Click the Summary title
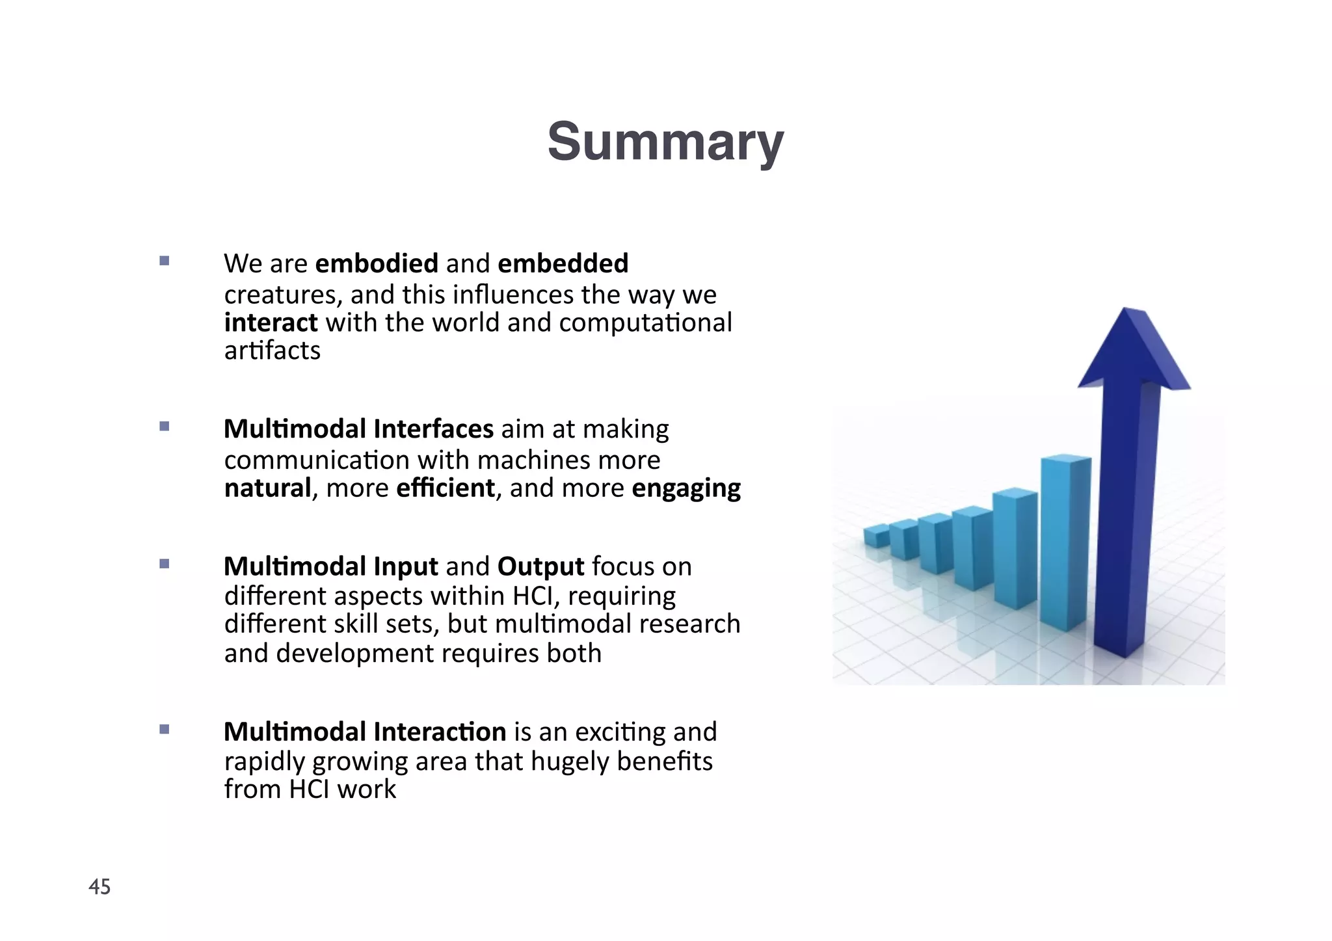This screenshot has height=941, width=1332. point(665,142)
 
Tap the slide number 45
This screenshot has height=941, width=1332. point(100,886)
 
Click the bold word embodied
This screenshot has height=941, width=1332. point(377,263)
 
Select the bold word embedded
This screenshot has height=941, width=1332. point(563,263)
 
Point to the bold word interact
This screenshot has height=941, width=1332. point(271,323)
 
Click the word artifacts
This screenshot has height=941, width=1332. point(272,351)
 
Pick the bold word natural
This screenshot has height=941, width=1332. point(267,488)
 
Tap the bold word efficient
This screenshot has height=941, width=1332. point(446,488)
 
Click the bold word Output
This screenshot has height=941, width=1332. point(540,567)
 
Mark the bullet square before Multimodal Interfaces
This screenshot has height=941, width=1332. point(164,427)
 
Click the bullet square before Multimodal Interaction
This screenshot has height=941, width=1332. point(164,729)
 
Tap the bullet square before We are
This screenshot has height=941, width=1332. point(164,261)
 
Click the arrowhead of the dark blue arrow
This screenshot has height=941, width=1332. point(1132,351)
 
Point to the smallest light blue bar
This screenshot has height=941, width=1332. point(876,537)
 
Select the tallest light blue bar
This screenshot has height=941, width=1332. point(1064,540)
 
